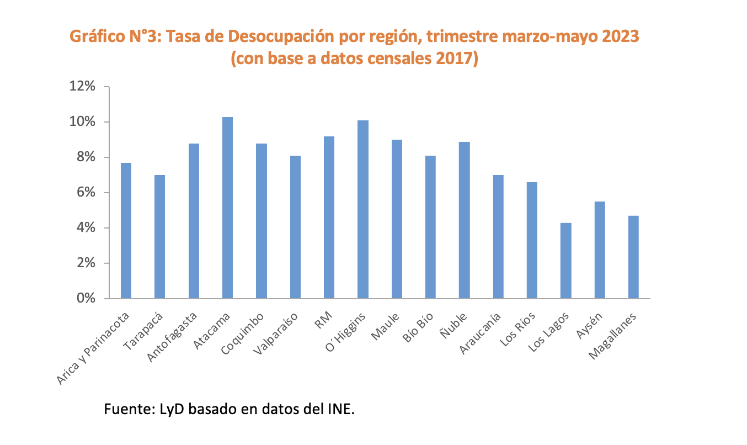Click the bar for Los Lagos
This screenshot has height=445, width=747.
[565, 261]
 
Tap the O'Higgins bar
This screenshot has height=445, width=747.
[362, 209]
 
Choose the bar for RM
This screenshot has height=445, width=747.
[329, 217]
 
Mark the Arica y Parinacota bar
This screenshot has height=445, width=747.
[126, 230]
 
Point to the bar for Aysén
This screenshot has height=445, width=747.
[600, 250]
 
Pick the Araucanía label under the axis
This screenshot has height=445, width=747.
[482, 333]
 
